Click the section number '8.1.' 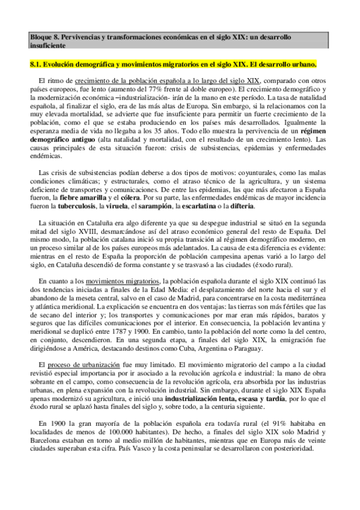[x=37, y=63]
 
